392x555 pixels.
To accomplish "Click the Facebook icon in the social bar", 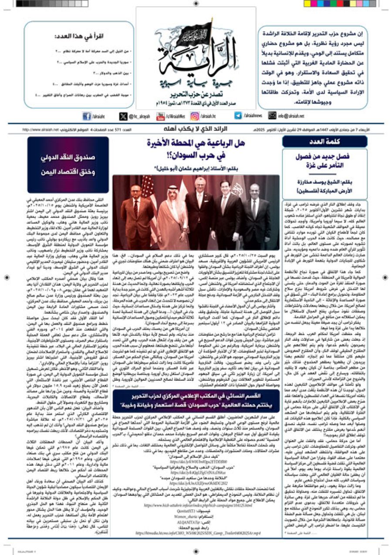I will click(x=87, y=116).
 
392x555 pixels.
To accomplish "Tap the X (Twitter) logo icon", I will click(x=123, y=116).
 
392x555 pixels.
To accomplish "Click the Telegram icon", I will click(x=238, y=116).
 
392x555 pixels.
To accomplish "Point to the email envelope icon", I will click(x=272, y=116).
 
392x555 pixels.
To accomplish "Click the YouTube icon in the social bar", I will click(x=159, y=116).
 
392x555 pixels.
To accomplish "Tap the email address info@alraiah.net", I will click(x=291, y=116).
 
